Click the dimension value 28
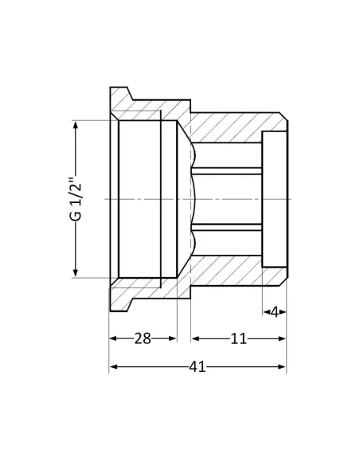(143, 338)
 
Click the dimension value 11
(238, 338)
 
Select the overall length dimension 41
(198, 367)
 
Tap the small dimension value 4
(274, 312)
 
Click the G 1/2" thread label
(75, 199)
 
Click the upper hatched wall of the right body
(231, 127)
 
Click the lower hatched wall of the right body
(231, 271)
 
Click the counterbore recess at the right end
(274, 199)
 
